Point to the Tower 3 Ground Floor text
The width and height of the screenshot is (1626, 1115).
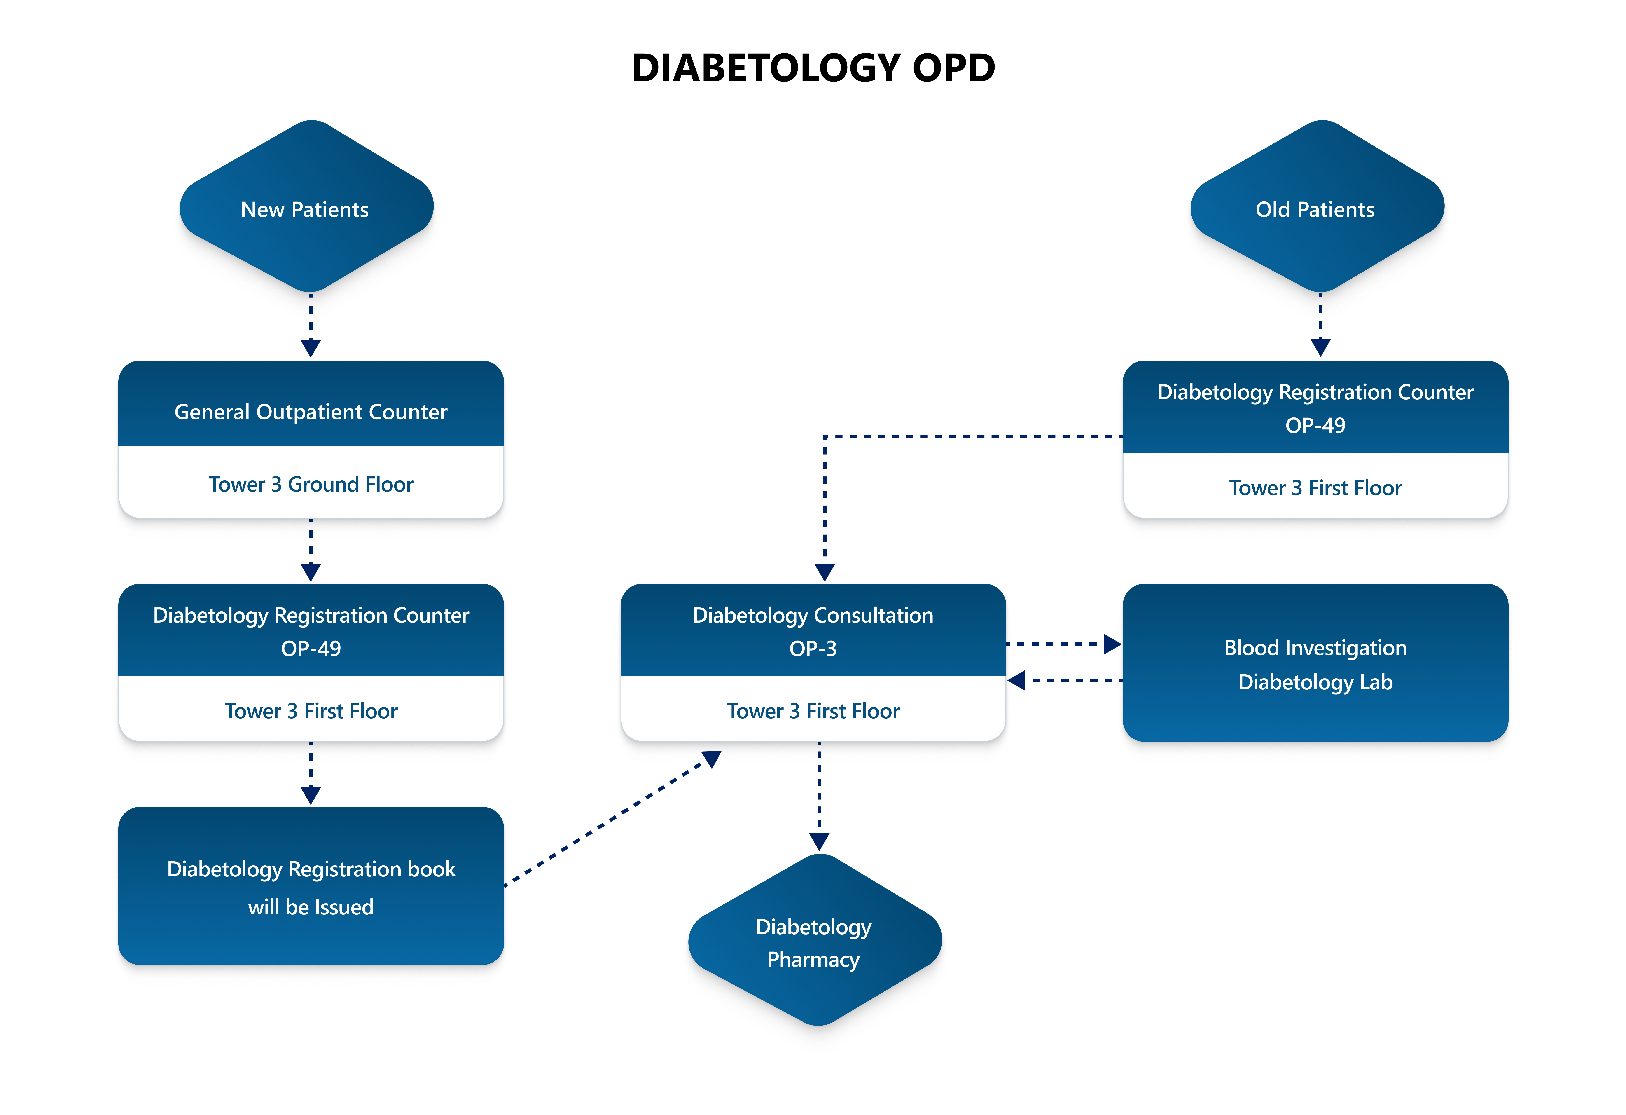[311, 484]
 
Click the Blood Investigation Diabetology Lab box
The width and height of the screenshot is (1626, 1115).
[1315, 663]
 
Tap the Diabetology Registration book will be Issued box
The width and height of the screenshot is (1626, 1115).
[311, 887]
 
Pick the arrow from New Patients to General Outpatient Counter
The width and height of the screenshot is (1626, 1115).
[311, 326]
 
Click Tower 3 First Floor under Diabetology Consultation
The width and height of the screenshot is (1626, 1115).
[813, 711]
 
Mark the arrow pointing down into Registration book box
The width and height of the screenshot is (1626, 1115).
[311, 773]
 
